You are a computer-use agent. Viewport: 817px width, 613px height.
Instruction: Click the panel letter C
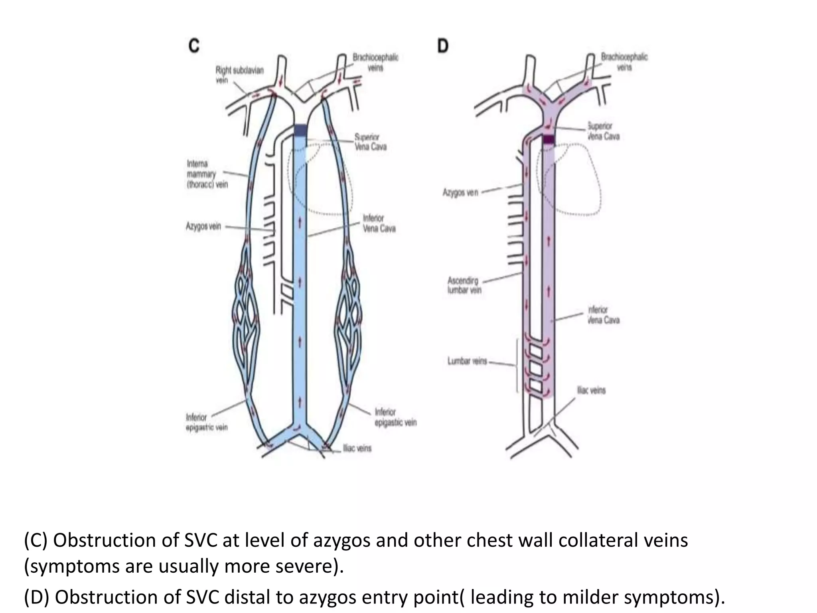(x=194, y=46)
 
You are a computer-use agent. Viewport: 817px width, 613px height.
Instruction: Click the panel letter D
(x=443, y=46)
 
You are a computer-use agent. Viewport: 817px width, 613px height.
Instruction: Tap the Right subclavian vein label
(x=239, y=75)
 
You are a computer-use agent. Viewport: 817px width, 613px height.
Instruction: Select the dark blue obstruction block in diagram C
(x=301, y=130)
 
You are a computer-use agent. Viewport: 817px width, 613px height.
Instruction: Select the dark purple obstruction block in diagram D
(x=549, y=139)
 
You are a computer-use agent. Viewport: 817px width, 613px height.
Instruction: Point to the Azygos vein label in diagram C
(x=203, y=226)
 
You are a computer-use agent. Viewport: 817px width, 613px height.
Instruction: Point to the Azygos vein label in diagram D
(x=460, y=193)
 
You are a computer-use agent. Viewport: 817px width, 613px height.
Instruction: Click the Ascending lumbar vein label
(x=464, y=285)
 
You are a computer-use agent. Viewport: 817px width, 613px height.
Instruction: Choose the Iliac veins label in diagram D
(x=591, y=390)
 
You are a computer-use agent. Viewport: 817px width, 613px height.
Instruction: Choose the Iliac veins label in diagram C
(x=357, y=448)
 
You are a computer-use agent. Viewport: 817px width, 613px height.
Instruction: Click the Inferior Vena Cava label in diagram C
(x=379, y=223)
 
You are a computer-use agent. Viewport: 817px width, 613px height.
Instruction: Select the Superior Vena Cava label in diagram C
(x=371, y=142)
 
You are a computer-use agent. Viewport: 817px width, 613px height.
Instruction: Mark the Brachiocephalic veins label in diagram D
(x=624, y=62)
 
